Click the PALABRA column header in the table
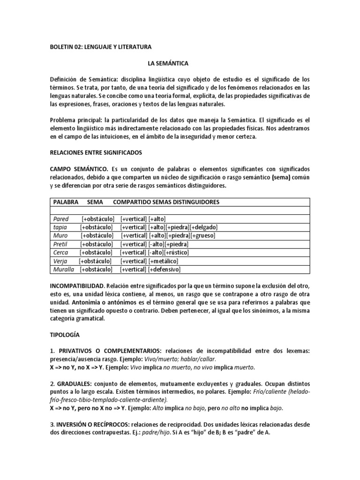click(x=66, y=202)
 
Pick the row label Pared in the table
click(x=60, y=219)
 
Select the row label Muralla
click(x=63, y=270)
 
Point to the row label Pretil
click(x=61, y=244)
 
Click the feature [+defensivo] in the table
click(x=164, y=270)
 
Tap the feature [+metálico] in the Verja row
click(x=163, y=261)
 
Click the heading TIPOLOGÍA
click(x=65, y=335)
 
